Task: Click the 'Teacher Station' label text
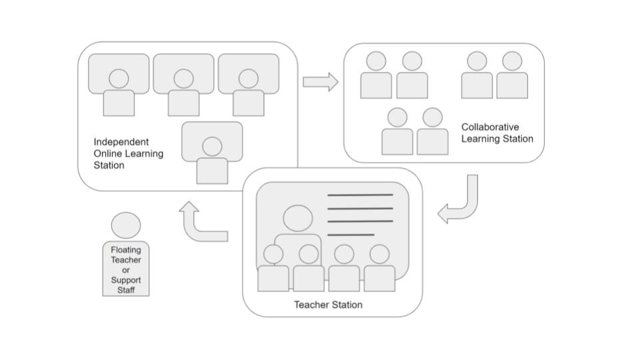pyautogui.click(x=328, y=305)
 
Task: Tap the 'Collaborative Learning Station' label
pyautogui.click(x=497, y=133)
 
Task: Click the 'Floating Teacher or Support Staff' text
pyautogui.click(x=126, y=269)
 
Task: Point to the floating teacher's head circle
pyautogui.click(x=126, y=226)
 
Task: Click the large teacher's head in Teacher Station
pyautogui.click(x=297, y=219)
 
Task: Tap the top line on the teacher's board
pyautogui.click(x=360, y=195)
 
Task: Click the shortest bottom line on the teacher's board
pyautogui.click(x=351, y=235)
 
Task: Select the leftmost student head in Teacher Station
pyautogui.click(x=273, y=254)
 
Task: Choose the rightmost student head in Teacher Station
pyautogui.click(x=379, y=254)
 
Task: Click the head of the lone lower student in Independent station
pyautogui.click(x=212, y=147)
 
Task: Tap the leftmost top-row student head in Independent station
pyautogui.click(x=119, y=79)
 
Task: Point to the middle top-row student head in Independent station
pyautogui.click(x=183, y=79)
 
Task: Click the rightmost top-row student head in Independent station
pyautogui.click(x=248, y=79)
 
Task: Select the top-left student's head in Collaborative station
pyautogui.click(x=377, y=61)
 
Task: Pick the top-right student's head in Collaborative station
pyautogui.click(x=512, y=61)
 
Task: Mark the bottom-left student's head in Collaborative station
pyautogui.click(x=397, y=117)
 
